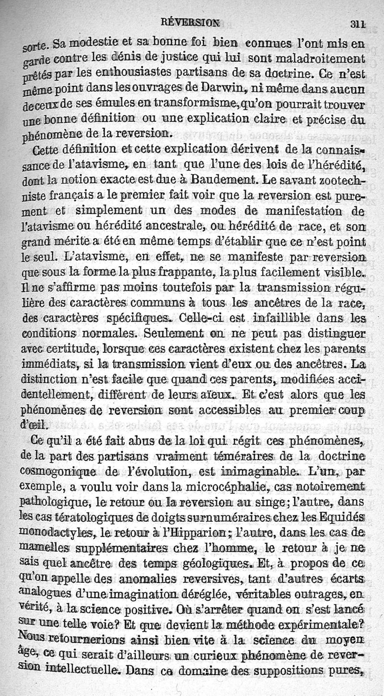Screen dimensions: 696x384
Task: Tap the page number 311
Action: pyautogui.click(x=358, y=23)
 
